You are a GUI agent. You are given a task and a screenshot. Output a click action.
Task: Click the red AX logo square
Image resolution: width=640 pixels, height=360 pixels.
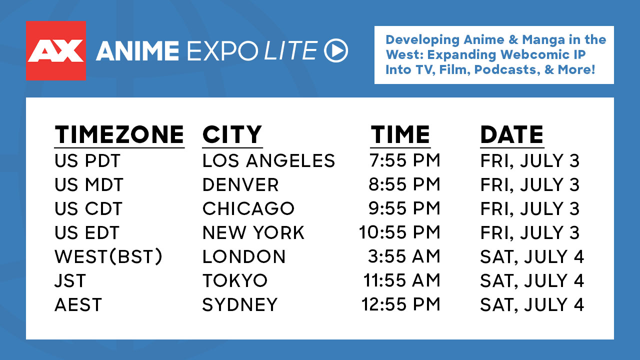(x=56, y=50)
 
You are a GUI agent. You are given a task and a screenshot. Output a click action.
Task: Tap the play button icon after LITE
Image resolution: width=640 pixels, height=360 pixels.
(x=336, y=50)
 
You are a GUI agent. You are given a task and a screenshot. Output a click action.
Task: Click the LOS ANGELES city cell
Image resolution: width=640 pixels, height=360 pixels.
(x=268, y=160)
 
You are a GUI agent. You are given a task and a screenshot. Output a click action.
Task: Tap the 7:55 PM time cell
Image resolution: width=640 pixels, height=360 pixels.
(x=404, y=160)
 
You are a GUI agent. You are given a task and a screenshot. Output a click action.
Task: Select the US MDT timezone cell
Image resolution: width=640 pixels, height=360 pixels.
(x=89, y=184)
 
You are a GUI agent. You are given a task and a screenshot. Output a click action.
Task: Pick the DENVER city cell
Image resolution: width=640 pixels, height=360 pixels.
(x=240, y=184)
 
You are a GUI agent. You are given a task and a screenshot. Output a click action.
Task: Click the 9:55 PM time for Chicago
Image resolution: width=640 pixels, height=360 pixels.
(x=404, y=208)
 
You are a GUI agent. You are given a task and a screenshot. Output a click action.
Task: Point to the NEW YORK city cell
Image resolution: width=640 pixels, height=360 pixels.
(x=253, y=232)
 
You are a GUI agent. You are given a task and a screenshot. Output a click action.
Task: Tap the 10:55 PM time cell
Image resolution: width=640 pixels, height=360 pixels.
(x=399, y=232)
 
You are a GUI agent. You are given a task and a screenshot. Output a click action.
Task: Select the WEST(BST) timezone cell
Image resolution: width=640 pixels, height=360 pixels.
(x=108, y=256)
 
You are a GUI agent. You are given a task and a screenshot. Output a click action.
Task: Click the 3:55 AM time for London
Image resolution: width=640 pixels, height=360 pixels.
(x=404, y=256)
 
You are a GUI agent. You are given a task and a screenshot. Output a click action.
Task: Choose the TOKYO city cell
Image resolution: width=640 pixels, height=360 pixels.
(x=235, y=280)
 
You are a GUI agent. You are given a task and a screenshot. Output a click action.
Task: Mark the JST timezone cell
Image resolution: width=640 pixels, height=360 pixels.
(x=70, y=280)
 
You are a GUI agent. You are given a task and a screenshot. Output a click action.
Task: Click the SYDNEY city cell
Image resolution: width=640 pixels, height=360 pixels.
(x=240, y=304)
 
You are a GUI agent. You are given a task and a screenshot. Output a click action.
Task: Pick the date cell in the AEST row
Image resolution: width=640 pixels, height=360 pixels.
(x=532, y=304)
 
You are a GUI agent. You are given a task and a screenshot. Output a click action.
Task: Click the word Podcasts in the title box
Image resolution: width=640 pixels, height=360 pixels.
(x=507, y=69)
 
